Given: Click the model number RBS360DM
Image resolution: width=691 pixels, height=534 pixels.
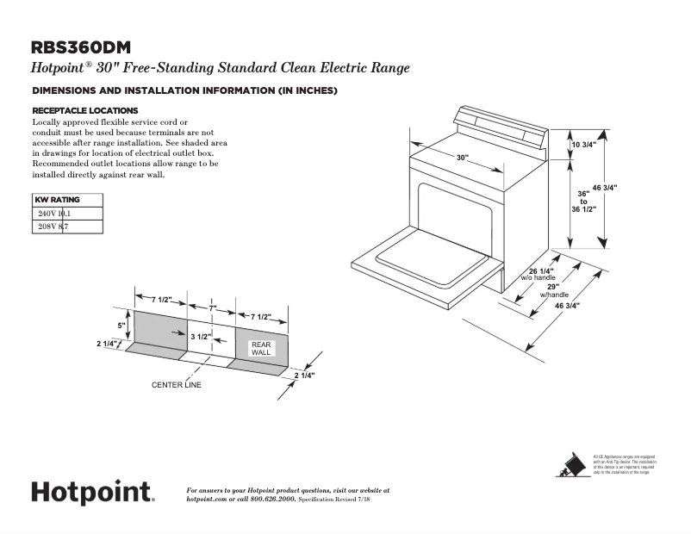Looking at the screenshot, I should (81, 47).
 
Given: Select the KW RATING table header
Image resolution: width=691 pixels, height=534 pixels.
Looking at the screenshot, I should (58, 200).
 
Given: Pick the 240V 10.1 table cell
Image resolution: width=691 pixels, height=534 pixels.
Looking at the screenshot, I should (54, 213).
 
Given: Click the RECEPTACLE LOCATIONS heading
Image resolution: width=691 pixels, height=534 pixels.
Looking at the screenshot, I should (84, 110).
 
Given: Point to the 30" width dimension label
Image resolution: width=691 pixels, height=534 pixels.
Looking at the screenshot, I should (463, 158).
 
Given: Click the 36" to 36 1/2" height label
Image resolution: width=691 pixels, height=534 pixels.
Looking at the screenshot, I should (583, 201).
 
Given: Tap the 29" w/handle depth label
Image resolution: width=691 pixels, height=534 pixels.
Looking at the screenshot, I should (553, 290).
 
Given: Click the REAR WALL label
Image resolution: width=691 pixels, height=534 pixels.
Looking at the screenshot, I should (260, 348).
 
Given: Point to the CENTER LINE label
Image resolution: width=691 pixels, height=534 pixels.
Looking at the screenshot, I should (177, 385).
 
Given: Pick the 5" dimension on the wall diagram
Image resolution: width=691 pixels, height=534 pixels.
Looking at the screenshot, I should (121, 326).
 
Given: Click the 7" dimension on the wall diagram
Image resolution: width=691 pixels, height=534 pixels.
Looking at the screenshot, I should (213, 307).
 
